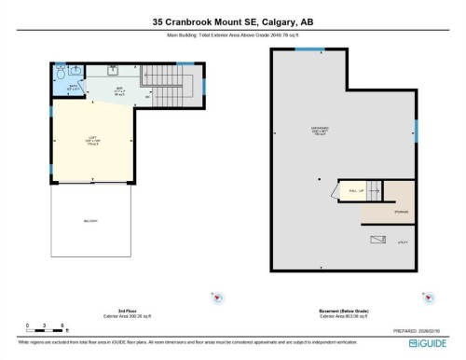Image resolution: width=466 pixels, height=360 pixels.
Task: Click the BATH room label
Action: tap(73, 89)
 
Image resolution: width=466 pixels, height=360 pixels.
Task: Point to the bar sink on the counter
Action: tap(112, 72)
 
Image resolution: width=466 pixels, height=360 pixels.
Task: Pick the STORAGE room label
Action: tap(399, 212)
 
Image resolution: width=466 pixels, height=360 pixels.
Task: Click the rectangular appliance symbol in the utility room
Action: tap(376, 239)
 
